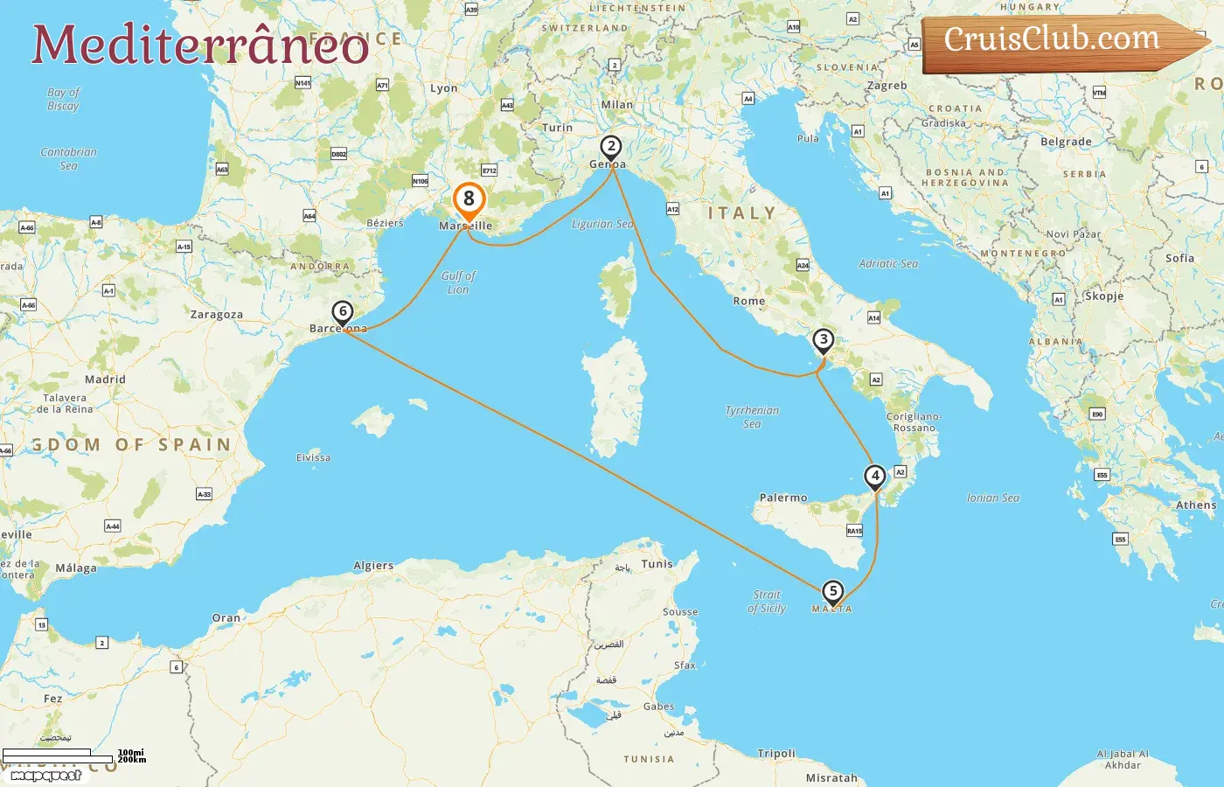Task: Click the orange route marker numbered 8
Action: click(x=469, y=200)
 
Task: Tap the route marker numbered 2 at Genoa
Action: click(x=611, y=147)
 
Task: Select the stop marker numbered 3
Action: click(x=823, y=340)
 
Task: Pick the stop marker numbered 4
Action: click(x=875, y=477)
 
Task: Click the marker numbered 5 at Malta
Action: click(x=833, y=592)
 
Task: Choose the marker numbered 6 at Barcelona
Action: click(x=343, y=312)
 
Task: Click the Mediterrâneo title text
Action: click(x=200, y=45)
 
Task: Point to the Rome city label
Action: click(x=749, y=301)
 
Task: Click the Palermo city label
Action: click(x=783, y=498)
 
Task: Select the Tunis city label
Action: click(x=657, y=564)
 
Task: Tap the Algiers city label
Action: click(x=373, y=566)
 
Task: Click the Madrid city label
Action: click(x=105, y=380)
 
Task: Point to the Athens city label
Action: click(x=1196, y=505)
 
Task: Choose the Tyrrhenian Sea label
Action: click(x=752, y=417)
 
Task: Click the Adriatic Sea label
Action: click(x=888, y=263)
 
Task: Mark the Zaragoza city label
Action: click(x=217, y=315)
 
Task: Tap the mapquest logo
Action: click(x=46, y=775)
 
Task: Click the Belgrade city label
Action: click(x=1066, y=142)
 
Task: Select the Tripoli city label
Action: click(x=776, y=754)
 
